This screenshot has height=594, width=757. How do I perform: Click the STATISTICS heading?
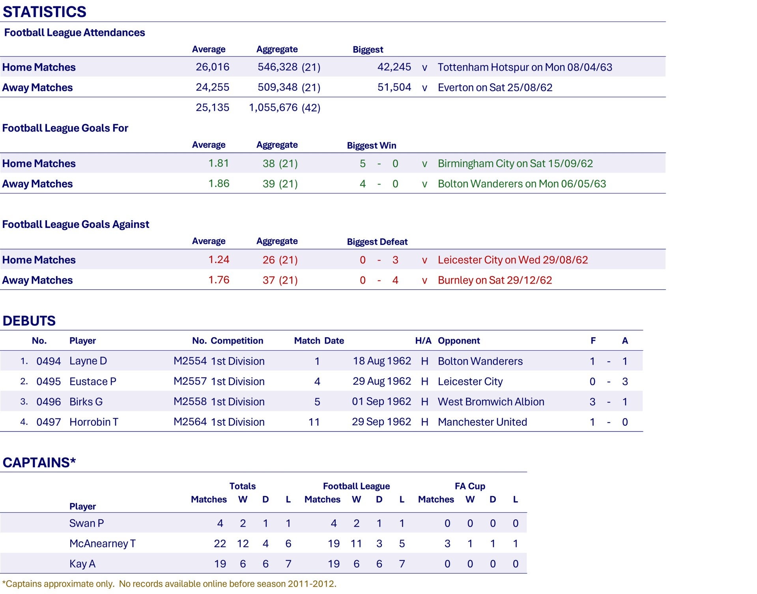coord(44,12)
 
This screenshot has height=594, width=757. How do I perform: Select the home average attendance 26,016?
coord(212,67)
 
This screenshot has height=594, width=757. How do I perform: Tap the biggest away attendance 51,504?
coord(394,87)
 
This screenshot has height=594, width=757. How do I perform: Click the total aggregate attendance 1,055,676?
coord(273,107)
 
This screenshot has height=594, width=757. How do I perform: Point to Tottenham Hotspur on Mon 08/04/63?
coord(525,67)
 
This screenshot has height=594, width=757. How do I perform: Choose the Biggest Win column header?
coord(371,145)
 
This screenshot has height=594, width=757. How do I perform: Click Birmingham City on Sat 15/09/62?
coord(515,164)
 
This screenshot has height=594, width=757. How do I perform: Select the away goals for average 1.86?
coord(219,184)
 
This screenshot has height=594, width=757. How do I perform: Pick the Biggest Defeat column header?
coord(377,242)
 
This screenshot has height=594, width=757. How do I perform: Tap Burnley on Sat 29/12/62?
coord(495,280)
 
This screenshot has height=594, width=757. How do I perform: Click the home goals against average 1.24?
coord(219,259)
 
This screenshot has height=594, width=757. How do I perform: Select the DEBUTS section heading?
coord(29,321)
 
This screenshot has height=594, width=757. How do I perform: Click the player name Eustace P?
coord(93,382)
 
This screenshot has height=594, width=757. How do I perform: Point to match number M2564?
coord(190,422)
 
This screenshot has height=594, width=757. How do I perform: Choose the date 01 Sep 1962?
coord(381,402)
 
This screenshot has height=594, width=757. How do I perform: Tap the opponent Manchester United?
coord(482,422)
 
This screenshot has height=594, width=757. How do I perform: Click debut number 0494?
coord(49,361)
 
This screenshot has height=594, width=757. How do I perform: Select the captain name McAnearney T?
coord(102,543)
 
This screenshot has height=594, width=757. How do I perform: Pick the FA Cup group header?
coord(469,486)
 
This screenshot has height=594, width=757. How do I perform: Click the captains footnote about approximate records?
coord(169,584)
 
